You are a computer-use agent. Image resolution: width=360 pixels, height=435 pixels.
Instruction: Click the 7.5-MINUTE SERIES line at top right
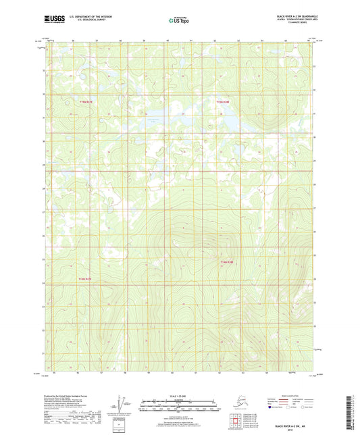tap(295, 27)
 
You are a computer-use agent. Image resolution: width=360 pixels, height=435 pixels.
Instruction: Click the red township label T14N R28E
tap(226, 262)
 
